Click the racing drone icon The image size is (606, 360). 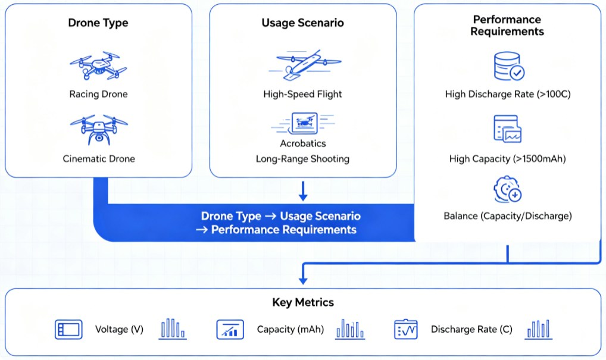coord(98,65)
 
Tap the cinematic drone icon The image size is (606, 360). coord(99,130)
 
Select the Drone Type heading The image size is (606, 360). coord(98,23)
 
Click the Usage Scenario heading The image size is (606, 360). coord(302,23)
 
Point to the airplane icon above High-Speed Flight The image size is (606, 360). coord(305,65)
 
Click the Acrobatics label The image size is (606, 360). coord(303,143)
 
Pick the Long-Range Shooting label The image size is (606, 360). coord(302,159)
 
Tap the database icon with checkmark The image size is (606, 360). coord(509,66)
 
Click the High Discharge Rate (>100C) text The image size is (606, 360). coord(508,94)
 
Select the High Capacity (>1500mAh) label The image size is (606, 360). coord(507,159)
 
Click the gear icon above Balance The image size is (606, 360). coord(507,189)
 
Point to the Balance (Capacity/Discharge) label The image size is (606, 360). coord(507,216)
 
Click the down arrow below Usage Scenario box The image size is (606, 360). coord(303,191)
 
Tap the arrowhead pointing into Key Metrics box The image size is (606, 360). coord(303,280)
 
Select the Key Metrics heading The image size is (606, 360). coord(303,302)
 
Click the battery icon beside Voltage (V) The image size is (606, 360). coord(68,330)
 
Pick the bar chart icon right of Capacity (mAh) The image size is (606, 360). coord(350,329)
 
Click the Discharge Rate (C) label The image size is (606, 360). coord(471,330)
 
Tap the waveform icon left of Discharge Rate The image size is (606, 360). coord(406,329)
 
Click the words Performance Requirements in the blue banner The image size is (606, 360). coord(284,230)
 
